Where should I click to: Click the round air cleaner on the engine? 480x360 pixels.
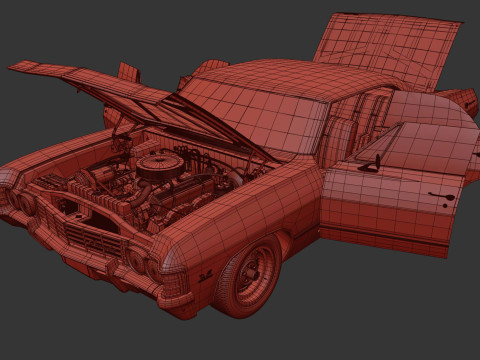(160, 165)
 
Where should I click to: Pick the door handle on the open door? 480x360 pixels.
(437, 195)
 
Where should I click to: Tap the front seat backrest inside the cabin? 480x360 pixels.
(341, 135)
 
